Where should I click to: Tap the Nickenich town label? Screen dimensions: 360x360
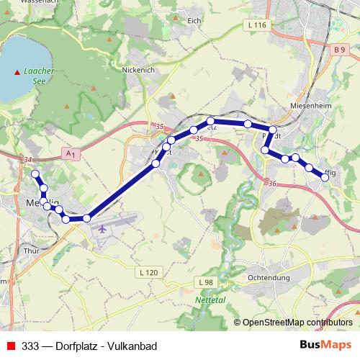(x=139, y=71)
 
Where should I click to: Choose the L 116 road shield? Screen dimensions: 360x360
(x=256, y=25)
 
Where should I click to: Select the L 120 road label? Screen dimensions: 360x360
(x=147, y=272)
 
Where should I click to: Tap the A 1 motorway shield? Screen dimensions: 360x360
(x=70, y=153)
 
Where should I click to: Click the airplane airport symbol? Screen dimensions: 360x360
(x=102, y=228)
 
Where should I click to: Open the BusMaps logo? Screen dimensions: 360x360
(x=325, y=345)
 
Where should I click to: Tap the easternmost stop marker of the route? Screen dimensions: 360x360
(x=325, y=176)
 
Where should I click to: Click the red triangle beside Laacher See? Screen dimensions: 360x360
(x=17, y=71)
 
